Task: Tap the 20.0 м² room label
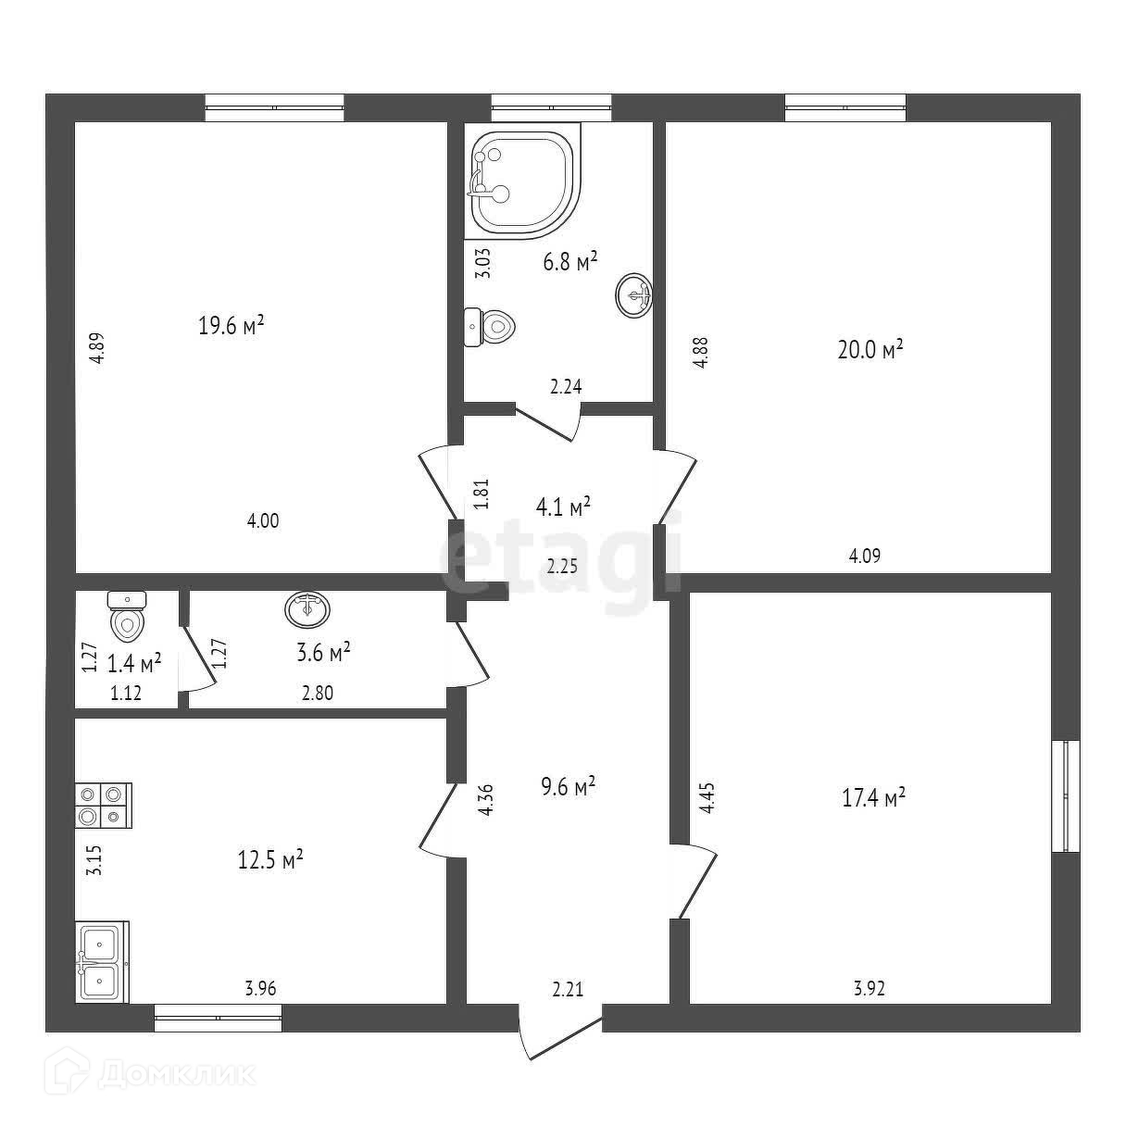click(x=868, y=350)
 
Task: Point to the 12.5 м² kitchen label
click(x=268, y=859)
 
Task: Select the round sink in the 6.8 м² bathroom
click(x=634, y=294)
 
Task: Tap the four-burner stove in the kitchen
click(x=103, y=805)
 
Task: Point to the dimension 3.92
click(x=869, y=988)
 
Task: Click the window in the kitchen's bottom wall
click(x=218, y=1018)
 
